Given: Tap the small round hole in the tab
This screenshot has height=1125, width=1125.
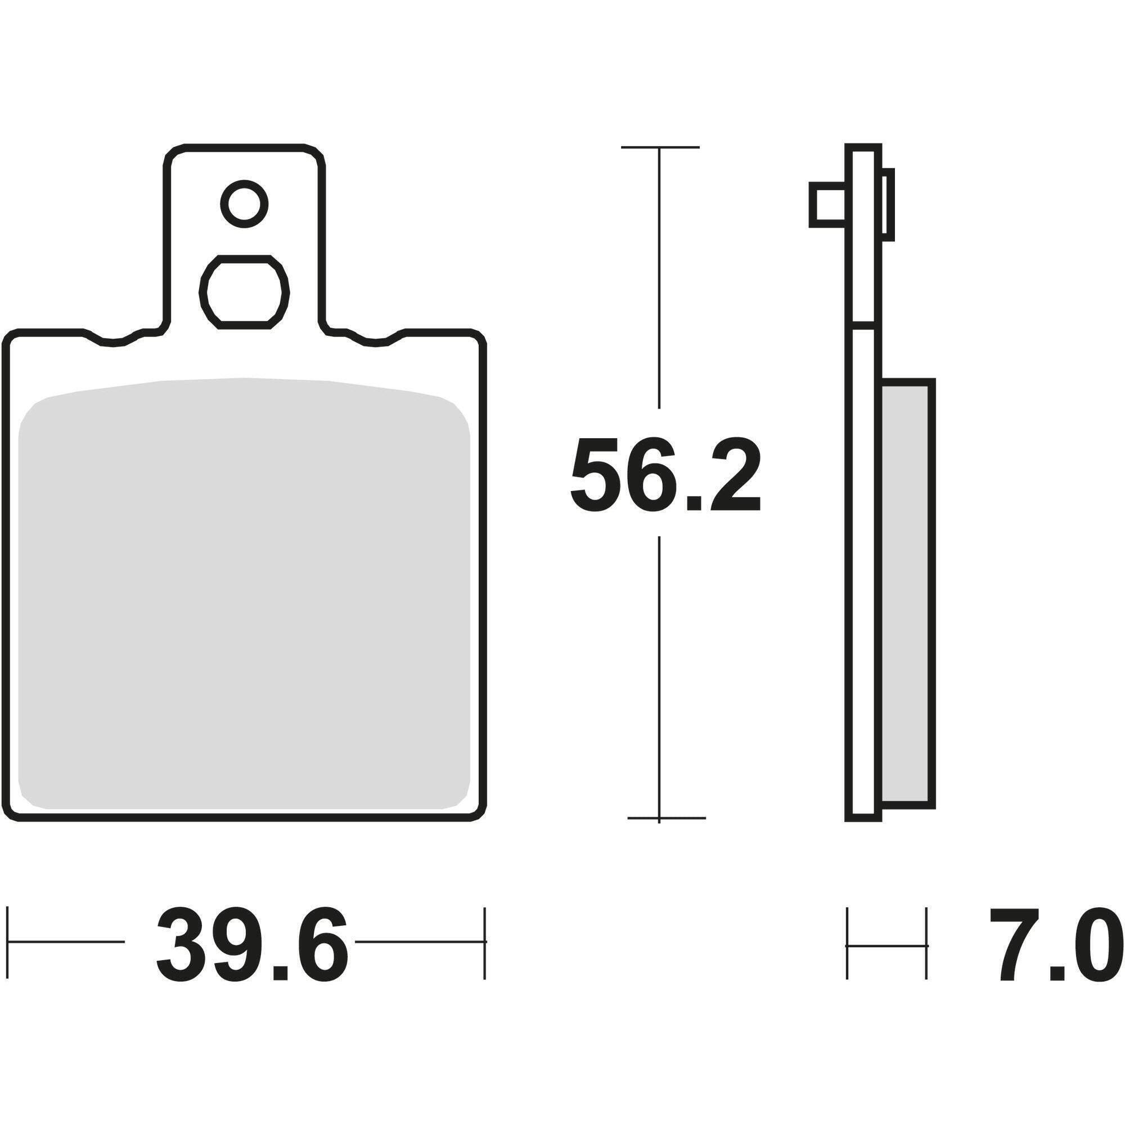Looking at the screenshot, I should coord(244,204).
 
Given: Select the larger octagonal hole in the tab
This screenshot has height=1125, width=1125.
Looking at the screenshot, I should coord(244,292).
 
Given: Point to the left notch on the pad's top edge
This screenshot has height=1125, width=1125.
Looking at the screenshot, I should coord(114,341).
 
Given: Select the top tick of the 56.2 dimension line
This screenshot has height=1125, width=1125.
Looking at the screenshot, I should coord(659,147).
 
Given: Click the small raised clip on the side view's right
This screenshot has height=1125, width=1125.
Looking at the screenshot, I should coord(889,204).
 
